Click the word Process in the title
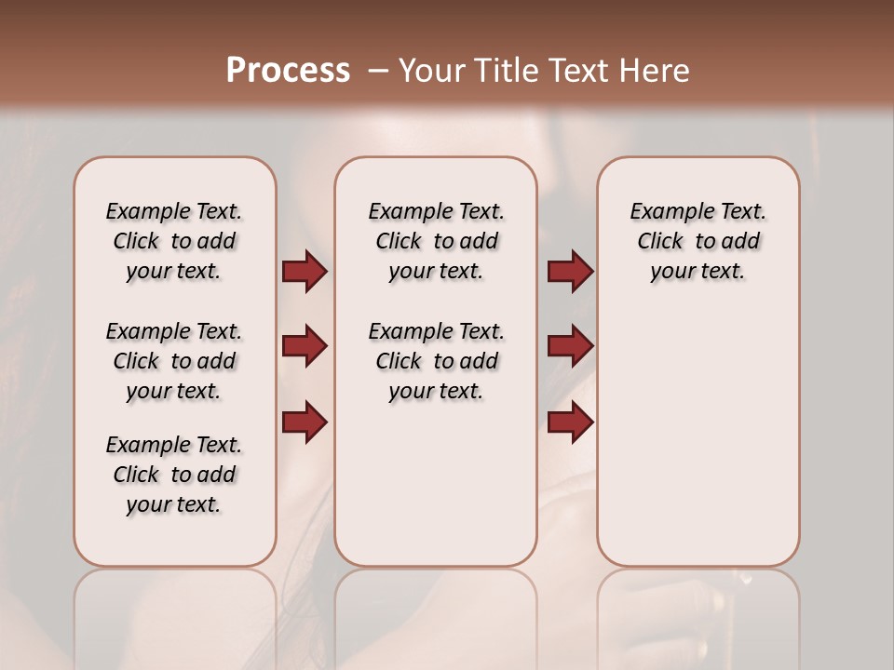[x=288, y=71]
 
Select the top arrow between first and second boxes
[x=305, y=272]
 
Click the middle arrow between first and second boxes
[x=305, y=346]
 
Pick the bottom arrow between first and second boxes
[x=305, y=422]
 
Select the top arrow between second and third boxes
[x=570, y=272]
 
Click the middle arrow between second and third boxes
[x=570, y=346]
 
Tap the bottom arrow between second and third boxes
[x=570, y=422]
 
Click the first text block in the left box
[x=174, y=241]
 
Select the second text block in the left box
[x=174, y=361]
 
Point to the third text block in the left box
[x=174, y=475]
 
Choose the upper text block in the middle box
[x=436, y=241]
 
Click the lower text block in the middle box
[x=436, y=361]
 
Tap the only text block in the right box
[x=698, y=241]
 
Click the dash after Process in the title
[x=378, y=71]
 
